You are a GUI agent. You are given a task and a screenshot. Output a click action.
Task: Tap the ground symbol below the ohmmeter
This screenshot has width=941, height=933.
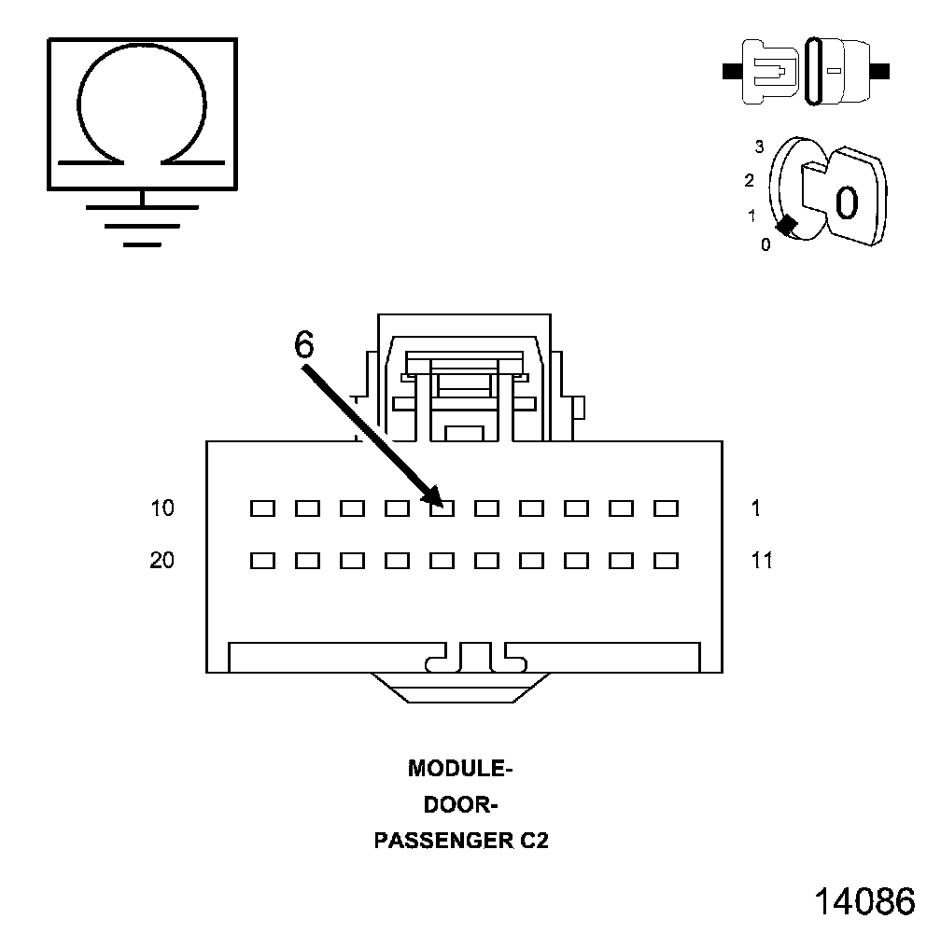(x=142, y=224)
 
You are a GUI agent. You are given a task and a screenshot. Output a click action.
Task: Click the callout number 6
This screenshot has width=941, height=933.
(x=304, y=345)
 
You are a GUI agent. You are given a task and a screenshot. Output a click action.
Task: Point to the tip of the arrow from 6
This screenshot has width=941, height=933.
(x=439, y=504)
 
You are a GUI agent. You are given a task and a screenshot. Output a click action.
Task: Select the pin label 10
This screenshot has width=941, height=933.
(x=162, y=508)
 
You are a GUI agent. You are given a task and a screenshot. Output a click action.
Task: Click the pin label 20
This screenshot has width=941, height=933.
(x=162, y=561)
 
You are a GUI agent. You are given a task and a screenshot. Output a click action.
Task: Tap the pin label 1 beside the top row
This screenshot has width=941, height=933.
(x=755, y=508)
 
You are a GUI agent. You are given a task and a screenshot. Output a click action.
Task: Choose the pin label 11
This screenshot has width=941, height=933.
(x=762, y=561)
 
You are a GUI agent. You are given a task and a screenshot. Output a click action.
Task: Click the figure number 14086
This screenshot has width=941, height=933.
(x=864, y=901)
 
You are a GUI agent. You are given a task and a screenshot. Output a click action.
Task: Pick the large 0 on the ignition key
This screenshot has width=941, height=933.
(x=846, y=202)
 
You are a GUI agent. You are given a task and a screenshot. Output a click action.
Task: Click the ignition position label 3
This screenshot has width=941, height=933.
(x=759, y=146)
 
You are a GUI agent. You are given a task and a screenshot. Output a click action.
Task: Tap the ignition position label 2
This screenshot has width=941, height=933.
(x=749, y=180)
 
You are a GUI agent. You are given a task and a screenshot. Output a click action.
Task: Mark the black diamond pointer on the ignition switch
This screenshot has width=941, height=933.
(x=786, y=224)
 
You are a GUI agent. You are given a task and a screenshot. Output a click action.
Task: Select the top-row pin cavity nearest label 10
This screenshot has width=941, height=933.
(x=262, y=508)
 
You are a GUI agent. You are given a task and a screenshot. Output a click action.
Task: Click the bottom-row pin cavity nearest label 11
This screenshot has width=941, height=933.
(x=666, y=561)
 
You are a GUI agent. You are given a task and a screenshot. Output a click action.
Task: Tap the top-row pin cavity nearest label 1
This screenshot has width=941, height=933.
(x=666, y=508)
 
